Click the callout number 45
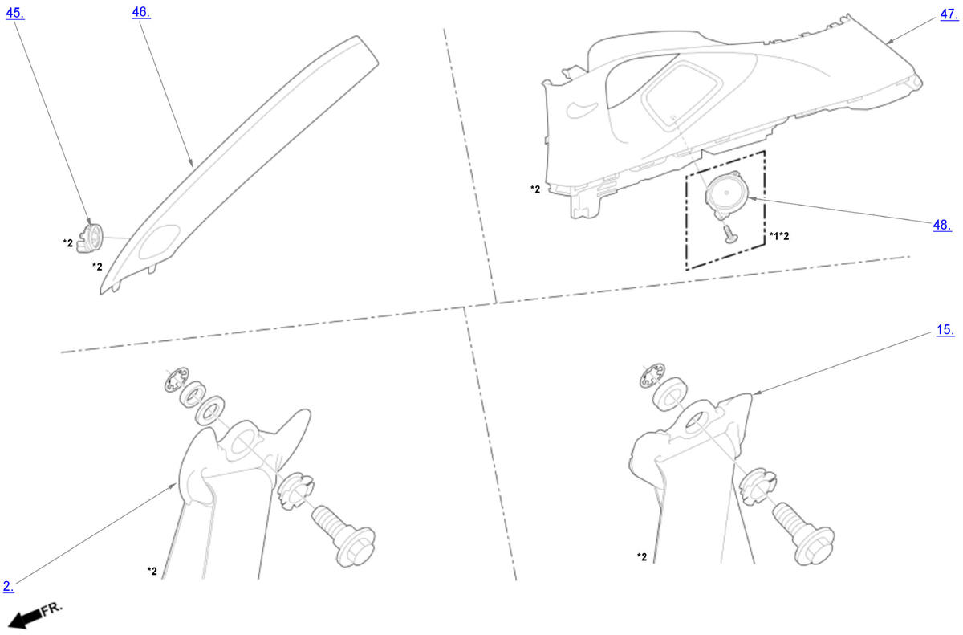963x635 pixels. coord(15,14)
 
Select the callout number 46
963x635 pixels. coord(141,13)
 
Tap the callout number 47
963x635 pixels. coord(949,14)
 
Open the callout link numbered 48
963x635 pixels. coord(942,225)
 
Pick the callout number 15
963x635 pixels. coord(945,330)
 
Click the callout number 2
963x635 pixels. coord(8,586)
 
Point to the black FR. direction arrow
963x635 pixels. coord(26,620)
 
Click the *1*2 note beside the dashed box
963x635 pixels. coord(779,236)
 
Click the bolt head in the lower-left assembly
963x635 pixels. coord(356,547)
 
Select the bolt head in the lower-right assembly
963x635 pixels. coord(815,545)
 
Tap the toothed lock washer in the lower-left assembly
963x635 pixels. coord(177,379)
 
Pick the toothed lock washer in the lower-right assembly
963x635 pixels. coord(652,376)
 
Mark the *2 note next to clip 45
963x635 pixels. coord(68,243)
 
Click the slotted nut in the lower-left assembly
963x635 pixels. coord(296,491)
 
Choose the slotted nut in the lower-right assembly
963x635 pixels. coord(758,486)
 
